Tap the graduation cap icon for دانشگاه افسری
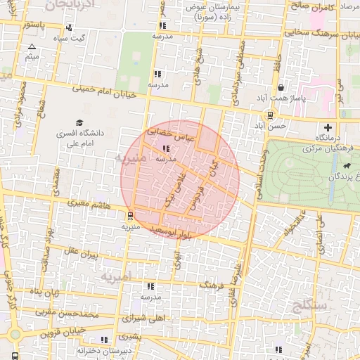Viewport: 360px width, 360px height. [x=79, y=123]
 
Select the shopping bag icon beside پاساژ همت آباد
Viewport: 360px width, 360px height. [x=281, y=88]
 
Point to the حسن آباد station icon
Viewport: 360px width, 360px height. [x=271, y=116]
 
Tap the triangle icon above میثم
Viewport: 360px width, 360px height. [x=32, y=46]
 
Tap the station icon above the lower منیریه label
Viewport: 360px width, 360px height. [x=130, y=216]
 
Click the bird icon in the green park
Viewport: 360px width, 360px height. [x=347, y=166]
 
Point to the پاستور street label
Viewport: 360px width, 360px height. [x=35, y=25]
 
